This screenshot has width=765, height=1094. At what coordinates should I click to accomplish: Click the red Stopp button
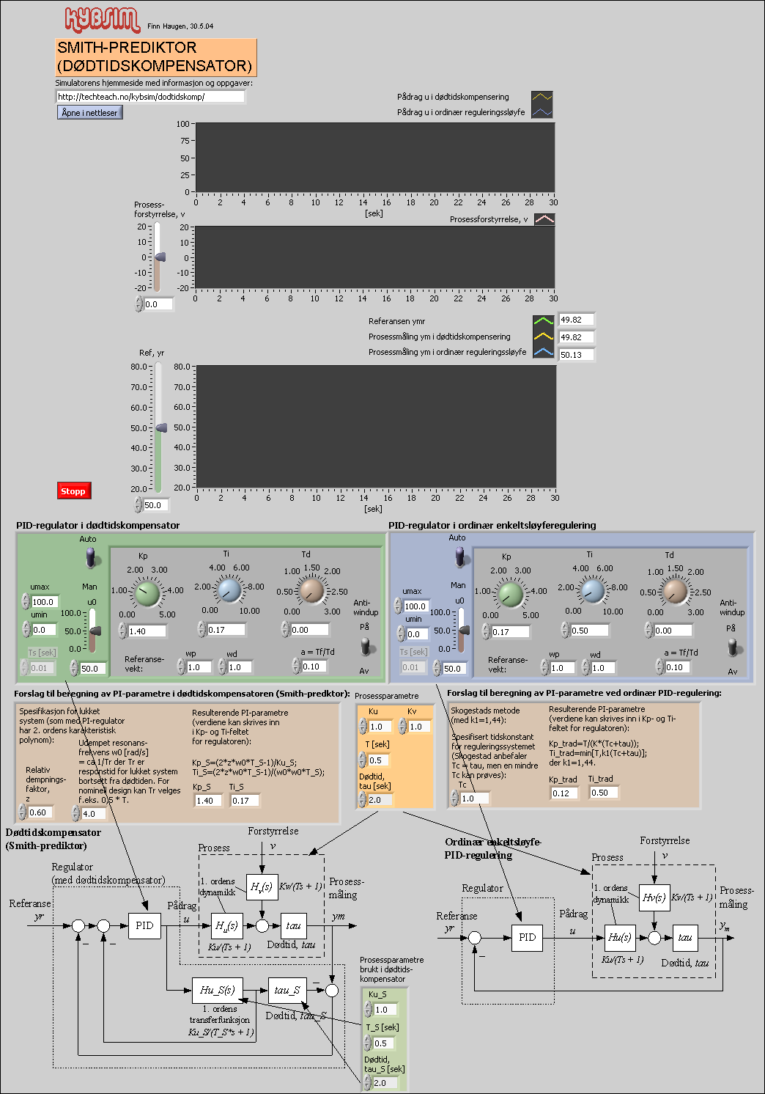click(74, 491)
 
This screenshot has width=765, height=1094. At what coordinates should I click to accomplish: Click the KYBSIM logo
click(102, 20)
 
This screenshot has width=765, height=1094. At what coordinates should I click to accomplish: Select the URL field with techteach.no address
click(149, 97)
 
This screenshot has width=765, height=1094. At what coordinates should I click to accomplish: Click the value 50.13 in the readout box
click(576, 355)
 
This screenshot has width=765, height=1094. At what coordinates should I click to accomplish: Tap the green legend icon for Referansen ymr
click(543, 320)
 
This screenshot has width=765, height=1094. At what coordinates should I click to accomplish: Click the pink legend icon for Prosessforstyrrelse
click(544, 219)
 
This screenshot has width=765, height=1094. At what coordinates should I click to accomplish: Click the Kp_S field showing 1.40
click(208, 801)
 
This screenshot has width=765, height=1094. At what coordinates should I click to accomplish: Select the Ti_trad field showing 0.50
click(604, 793)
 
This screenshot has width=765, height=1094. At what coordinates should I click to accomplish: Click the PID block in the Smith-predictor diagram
click(145, 925)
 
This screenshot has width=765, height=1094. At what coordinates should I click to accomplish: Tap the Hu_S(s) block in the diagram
click(217, 990)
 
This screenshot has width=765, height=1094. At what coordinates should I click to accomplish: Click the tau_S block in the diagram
click(287, 990)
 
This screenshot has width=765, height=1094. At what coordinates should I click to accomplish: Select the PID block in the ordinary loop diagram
click(528, 937)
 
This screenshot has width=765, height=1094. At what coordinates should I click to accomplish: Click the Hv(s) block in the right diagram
click(654, 897)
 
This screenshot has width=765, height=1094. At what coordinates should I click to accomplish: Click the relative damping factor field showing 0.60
click(40, 812)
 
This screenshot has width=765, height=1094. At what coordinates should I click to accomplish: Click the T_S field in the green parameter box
click(383, 1043)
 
